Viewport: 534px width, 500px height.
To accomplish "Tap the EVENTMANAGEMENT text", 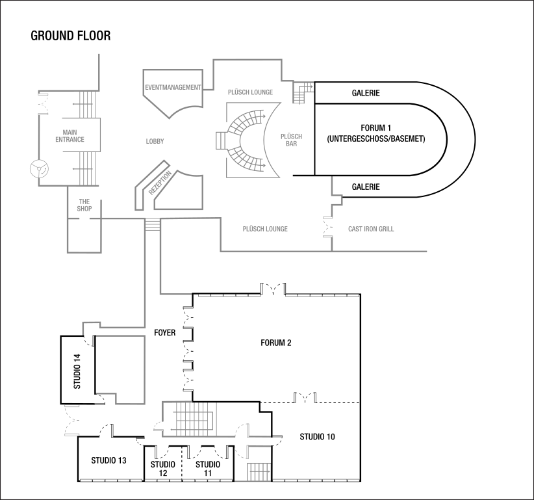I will pos(173,87).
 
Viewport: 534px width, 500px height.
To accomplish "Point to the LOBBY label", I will pos(155,141).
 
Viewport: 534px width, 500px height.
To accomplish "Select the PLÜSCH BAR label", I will pos(291,140).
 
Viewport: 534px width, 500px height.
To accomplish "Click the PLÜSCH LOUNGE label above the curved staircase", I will pos(250,92).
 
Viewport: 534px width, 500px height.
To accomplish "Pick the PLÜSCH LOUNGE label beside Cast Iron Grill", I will pos(265,229).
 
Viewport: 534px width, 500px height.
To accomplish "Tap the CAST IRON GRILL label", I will pos(371,229).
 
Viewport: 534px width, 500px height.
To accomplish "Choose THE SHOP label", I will pos(84,205).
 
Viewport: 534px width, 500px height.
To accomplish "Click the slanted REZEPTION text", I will pos(160,183).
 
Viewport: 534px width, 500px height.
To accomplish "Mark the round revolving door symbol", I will pos(40,170).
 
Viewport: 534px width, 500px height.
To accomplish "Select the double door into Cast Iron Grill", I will pos(327,228).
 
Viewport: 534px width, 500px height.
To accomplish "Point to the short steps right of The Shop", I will pos(152,224).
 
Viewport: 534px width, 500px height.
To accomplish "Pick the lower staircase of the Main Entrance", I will pos(87,168).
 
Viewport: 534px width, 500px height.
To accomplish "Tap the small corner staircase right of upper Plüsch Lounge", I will pos(301,92).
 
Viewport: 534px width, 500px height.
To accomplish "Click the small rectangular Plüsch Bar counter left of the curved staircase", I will pos(220,140).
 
